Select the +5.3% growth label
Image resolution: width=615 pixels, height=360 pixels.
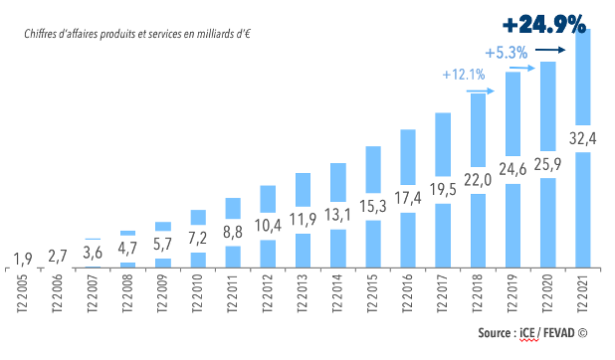(x=506, y=53)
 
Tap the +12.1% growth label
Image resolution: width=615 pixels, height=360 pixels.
(x=463, y=74)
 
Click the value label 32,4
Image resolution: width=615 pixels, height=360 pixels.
(x=582, y=138)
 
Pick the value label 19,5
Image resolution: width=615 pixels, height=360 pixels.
(x=443, y=188)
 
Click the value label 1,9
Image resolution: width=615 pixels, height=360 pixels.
(x=21, y=261)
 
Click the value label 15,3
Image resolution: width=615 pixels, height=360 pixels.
(x=373, y=206)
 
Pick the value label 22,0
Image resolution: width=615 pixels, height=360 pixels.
(x=478, y=179)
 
